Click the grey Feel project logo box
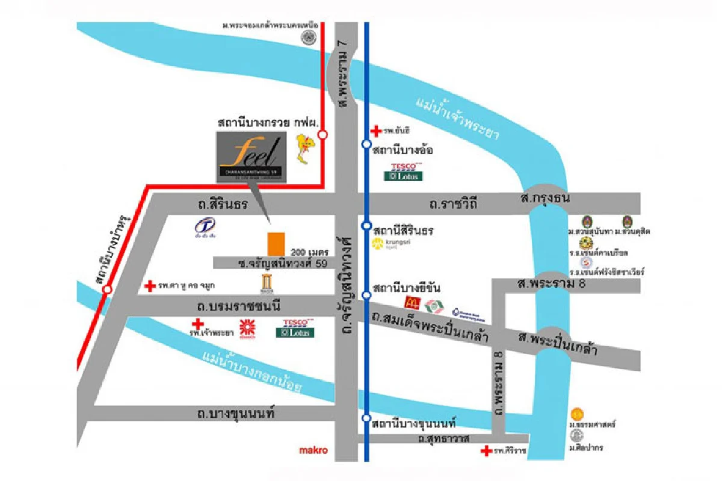pos(251,157)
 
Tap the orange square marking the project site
pos(276,243)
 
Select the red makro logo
pos(313,450)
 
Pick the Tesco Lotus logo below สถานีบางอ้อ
pos(403,172)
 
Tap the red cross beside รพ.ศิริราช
pos(486,451)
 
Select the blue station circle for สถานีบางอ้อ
pos(366,144)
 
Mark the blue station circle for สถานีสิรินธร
pos(366,226)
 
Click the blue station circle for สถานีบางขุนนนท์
pos(366,418)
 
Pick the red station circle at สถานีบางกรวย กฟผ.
pos(322,135)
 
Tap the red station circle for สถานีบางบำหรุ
pos(107,290)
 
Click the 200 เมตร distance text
pos(309,251)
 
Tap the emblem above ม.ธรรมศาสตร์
pos(577,414)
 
